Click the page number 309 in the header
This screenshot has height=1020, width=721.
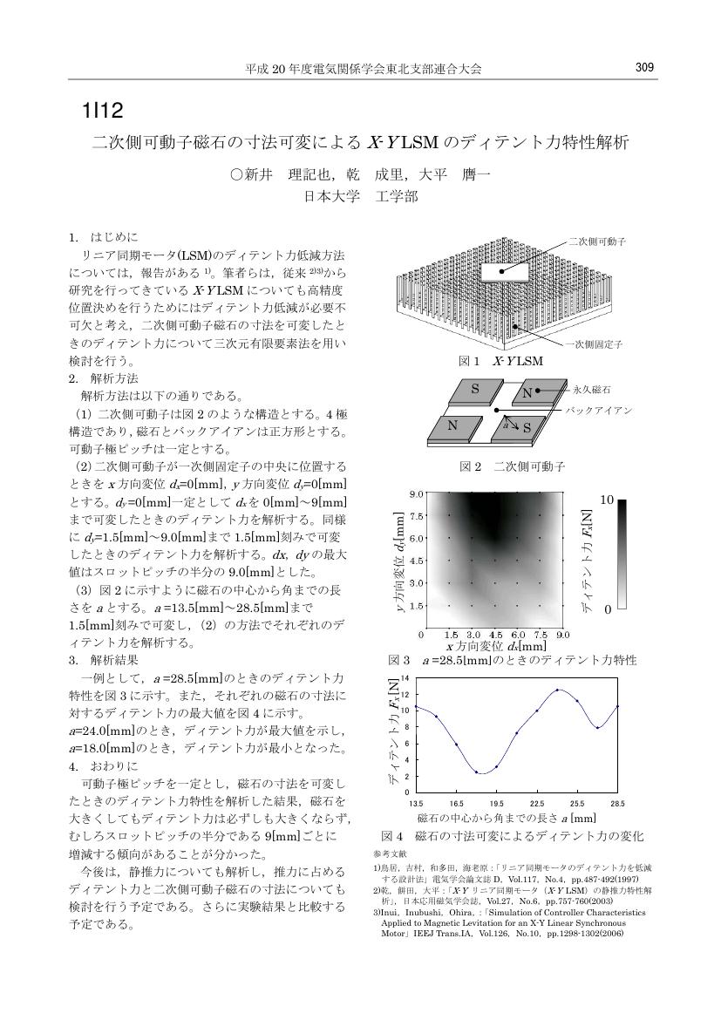(644, 67)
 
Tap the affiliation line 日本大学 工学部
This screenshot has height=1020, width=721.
(360, 197)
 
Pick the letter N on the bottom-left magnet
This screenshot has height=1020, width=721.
(452, 426)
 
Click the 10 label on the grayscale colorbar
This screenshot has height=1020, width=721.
(608, 500)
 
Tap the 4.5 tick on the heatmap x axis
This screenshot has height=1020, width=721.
(496, 635)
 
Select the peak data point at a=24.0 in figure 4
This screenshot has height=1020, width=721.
(557, 690)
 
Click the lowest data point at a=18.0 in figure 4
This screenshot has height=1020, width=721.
(477, 772)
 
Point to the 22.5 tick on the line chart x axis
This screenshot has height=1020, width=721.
(537, 802)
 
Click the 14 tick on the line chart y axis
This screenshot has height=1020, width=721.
(405, 677)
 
